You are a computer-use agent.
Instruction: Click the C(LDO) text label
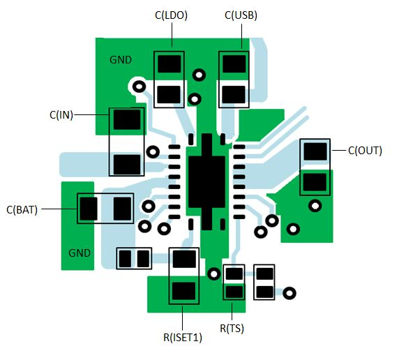click(x=171, y=15)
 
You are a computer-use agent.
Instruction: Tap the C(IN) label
click(x=61, y=114)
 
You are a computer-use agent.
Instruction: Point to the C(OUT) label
click(x=365, y=150)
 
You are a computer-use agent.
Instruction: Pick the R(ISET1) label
click(x=183, y=338)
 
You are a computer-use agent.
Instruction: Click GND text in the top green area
click(x=121, y=60)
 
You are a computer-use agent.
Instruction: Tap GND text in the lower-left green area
click(x=80, y=253)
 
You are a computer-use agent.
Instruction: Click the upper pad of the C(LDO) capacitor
click(x=170, y=64)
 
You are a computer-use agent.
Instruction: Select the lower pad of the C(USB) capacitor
click(x=234, y=93)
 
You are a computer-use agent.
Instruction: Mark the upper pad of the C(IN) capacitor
click(x=126, y=120)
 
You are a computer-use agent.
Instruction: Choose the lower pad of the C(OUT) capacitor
click(x=315, y=182)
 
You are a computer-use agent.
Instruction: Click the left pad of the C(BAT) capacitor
click(x=89, y=208)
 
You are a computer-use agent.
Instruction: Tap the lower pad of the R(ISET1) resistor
click(x=184, y=291)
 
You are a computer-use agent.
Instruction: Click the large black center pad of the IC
click(x=206, y=174)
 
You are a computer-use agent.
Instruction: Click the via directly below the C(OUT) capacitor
click(x=315, y=206)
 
